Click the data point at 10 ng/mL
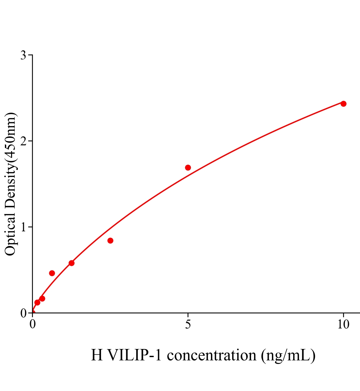343,104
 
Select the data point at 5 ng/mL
188,167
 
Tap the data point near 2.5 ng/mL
110,240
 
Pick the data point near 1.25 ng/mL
71,263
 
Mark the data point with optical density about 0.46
52,273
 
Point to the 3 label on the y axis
23,55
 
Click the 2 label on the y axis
23,141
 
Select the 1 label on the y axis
23,227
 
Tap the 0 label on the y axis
23,313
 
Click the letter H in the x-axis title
97,355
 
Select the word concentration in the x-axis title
212,355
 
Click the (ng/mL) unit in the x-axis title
288,355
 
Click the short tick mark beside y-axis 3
30,55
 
